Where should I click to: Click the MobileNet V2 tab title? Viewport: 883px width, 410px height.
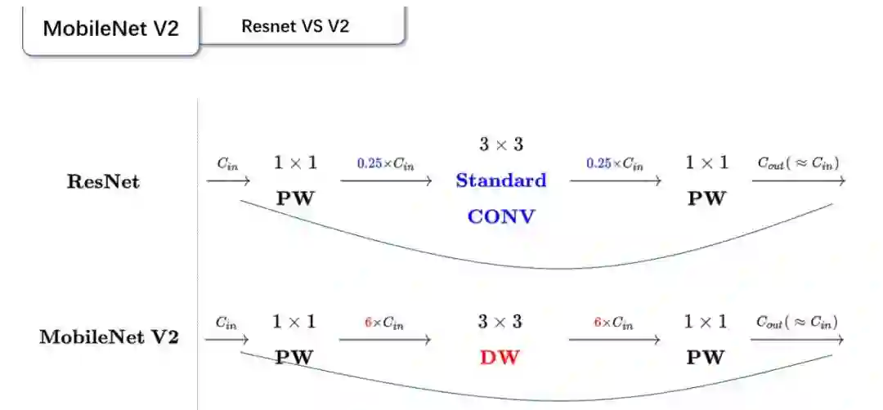click(x=110, y=28)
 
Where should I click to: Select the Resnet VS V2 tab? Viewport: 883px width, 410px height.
click(x=295, y=25)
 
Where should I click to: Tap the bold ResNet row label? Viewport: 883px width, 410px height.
click(x=103, y=181)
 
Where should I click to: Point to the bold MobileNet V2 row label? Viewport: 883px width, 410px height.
click(x=109, y=336)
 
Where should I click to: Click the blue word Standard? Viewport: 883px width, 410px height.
click(x=500, y=180)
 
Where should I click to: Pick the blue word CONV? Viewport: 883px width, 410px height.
click(x=500, y=216)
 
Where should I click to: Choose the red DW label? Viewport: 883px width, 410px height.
click(x=500, y=357)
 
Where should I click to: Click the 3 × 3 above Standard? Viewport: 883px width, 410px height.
click(x=500, y=145)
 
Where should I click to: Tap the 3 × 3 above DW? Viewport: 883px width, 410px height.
click(x=500, y=321)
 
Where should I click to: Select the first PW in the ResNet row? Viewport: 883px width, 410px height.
click(x=295, y=198)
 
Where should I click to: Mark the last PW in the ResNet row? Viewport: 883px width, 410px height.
click(x=706, y=198)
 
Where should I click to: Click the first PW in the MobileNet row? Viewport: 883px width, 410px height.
click(x=294, y=357)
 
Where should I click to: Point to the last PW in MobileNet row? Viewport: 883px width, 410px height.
click(x=705, y=357)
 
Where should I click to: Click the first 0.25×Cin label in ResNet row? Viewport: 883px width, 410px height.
click(x=385, y=163)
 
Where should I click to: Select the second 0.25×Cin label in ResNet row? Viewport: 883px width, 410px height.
click(x=614, y=163)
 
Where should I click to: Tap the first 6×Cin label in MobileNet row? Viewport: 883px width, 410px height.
click(x=384, y=323)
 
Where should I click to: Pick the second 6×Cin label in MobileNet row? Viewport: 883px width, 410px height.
click(x=613, y=323)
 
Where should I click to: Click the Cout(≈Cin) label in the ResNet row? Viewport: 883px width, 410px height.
click(x=798, y=163)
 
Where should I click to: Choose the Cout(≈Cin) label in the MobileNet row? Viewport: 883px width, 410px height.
click(x=796, y=323)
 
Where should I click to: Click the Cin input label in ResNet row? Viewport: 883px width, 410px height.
click(x=227, y=163)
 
